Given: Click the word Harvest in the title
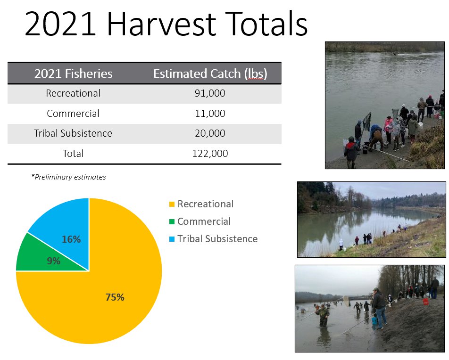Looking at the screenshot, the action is pyautogui.click(x=161, y=24).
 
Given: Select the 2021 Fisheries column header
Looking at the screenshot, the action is pyautogui.click(x=73, y=74).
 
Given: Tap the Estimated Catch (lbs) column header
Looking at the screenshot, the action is pyautogui.click(x=210, y=74).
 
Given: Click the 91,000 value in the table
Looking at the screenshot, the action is pyautogui.click(x=210, y=93).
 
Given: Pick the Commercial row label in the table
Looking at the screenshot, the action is pyautogui.click(x=73, y=113).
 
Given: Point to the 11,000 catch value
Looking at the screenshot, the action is pyautogui.click(x=210, y=113).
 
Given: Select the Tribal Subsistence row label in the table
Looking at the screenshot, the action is pyautogui.click(x=73, y=133).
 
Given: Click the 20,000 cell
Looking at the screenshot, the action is pyautogui.click(x=210, y=133).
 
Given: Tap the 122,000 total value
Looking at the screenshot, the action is pyautogui.click(x=210, y=154).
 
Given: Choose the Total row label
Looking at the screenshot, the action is pyautogui.click(x=73, y=154).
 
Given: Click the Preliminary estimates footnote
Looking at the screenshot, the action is pyautogui.click(x=68, y=177).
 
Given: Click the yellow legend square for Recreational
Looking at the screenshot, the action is pyautogui.click(x=172, y=205).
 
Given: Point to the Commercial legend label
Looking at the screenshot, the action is pyautogui.click(x=204, y=221).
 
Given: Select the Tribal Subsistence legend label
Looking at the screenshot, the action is pyautogui.click(x=217, y=239).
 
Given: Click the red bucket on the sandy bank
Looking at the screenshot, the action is pyautogui.click(x=425, y=302).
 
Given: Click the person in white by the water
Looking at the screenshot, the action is pyautogui.click(x=341, y=245).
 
